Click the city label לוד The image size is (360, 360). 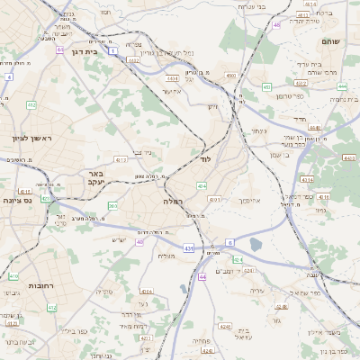coord(205,158)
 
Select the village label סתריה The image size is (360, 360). coord(113,292)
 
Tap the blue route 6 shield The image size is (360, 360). coord(229,242)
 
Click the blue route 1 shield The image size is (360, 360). coord(113,51)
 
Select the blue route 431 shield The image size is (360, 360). coord(187,247)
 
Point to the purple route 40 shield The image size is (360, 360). coord(140,242)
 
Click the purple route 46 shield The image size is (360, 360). coord(276,25)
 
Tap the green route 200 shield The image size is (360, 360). coord(112,206)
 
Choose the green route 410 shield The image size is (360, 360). coord(13,275)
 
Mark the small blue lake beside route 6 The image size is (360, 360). coord(256,244)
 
